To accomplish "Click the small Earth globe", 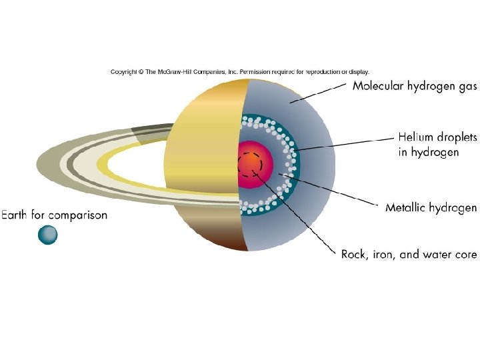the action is (x=47, y=235).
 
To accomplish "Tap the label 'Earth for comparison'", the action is (x=54, y=215).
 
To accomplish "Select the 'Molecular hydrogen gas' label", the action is (x=414, y=85).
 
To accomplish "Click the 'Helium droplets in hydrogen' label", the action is (x=437, y=144).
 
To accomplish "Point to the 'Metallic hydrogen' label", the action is (x=431, y=208).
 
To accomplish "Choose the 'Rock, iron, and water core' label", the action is (x=409, y=254).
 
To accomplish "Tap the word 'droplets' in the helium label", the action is (x=453, y=137).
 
